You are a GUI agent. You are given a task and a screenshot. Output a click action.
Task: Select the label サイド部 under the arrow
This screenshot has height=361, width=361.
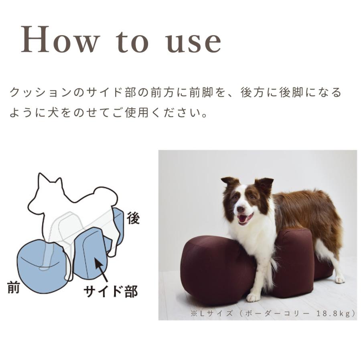(111, 291)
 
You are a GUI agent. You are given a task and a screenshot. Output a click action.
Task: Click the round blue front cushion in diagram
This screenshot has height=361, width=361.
(38, 261)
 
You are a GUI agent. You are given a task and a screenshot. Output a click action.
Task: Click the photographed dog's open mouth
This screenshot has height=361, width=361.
(245, 219)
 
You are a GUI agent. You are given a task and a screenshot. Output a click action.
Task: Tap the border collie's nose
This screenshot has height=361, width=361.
(240, 209)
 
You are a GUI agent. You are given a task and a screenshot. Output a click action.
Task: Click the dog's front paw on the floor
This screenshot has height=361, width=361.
(253, 297)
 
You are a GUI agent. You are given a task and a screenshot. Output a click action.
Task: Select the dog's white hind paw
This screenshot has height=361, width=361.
(339, 279)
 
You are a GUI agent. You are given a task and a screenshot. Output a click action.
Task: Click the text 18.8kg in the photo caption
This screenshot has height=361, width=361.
(335, 313)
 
